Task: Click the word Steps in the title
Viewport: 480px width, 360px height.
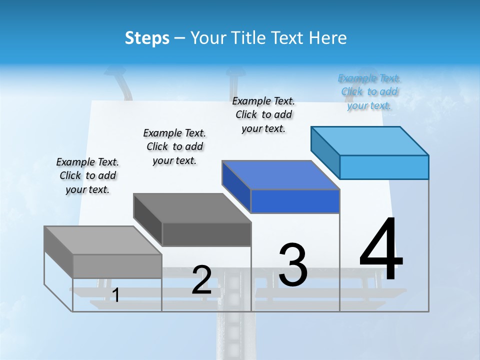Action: pos(147,38)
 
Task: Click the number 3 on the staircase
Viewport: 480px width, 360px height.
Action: pos(293,265)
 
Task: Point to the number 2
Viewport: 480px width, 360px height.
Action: pos(202,280)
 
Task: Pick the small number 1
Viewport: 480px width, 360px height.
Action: pos(115,295)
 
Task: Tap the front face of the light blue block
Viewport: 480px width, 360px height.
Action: pos(384,167)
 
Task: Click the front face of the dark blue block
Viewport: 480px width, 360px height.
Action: pos(295,201)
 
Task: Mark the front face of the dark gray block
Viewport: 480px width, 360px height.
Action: pos(206,234)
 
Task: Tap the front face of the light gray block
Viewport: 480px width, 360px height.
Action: pos(117,266)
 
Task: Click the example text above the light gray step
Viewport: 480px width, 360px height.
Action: pos(87,175)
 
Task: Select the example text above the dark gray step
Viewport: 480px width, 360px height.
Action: pos(174,146)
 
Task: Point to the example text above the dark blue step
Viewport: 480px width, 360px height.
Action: pos(263,114)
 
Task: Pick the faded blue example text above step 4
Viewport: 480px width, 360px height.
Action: pos(369,91)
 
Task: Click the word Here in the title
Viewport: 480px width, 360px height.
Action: pos(328,38)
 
